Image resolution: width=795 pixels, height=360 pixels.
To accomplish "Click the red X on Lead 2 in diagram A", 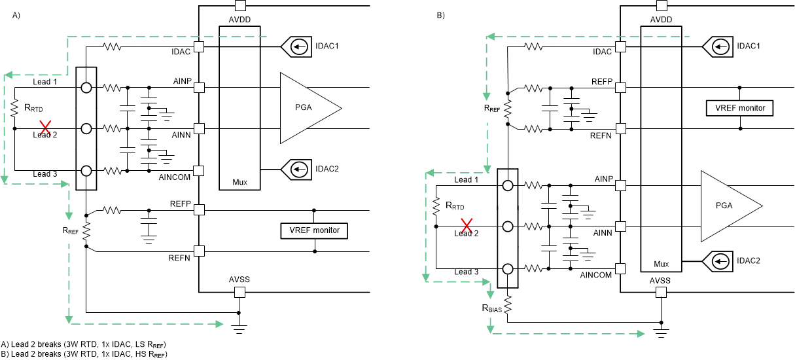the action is tap(45, 128).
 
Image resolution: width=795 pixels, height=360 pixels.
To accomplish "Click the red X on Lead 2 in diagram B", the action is tap(467, 226).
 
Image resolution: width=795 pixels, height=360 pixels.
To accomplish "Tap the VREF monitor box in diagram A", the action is tap(314, 230).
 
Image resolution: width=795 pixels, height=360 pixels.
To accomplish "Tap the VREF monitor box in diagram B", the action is tap(739, 108).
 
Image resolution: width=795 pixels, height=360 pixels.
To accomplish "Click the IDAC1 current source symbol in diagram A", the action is tap(296, 46).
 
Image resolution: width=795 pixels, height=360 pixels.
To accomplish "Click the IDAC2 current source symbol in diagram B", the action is tap(717, 262).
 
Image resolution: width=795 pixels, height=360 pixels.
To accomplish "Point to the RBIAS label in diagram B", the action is tap(491, 308).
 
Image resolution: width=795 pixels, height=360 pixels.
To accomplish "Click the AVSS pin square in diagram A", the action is tap(239, 292).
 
